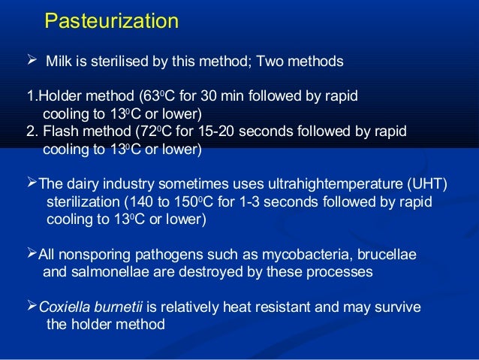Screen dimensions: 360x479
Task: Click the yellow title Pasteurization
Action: (x=111, y=21)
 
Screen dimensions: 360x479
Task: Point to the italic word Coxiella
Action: (x=64, y=308)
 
